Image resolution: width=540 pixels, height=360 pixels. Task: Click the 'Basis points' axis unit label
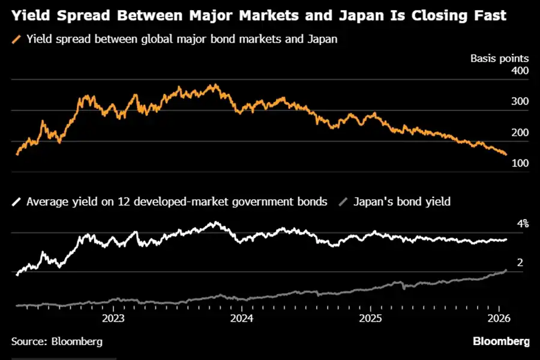coord(499,58)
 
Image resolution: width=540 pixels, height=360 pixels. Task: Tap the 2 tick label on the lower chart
coord(520,263)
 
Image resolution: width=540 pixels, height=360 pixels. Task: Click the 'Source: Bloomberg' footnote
coord(56,341)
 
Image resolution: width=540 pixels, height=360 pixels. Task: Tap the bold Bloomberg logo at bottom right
coord(501,341)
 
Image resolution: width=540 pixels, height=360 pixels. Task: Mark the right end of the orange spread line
coord(506,155)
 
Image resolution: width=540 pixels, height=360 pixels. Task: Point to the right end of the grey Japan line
coord(506,270)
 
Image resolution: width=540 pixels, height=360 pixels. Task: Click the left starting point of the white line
coord(16,275)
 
